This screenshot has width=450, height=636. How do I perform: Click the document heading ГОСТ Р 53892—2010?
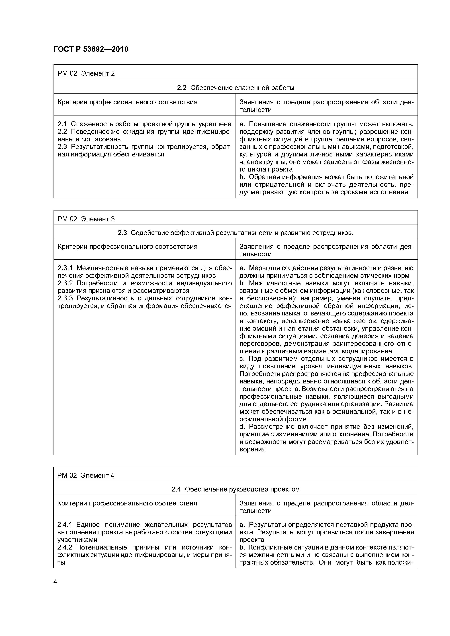tap(91, 49)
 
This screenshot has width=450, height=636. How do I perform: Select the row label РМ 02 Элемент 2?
tap(86, 73)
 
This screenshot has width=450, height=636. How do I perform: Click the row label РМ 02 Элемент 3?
tap(86, 219)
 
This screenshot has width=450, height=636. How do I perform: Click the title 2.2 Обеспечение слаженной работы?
tap(235, 88)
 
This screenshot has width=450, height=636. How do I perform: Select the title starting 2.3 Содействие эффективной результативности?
tap(235, 233)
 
